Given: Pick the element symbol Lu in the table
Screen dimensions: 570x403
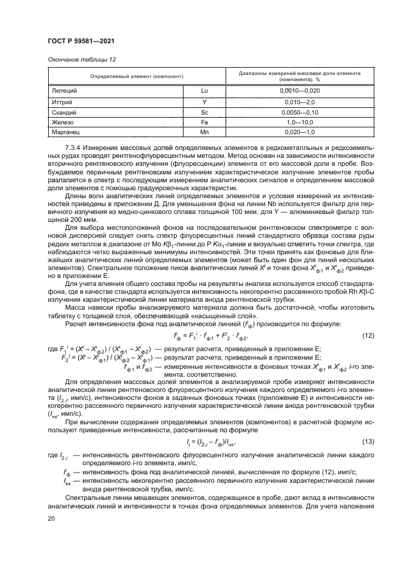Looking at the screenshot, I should [205, 90].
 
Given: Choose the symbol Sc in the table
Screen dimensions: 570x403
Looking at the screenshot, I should [205, 113].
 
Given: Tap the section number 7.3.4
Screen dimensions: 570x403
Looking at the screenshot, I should [74, 148].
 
